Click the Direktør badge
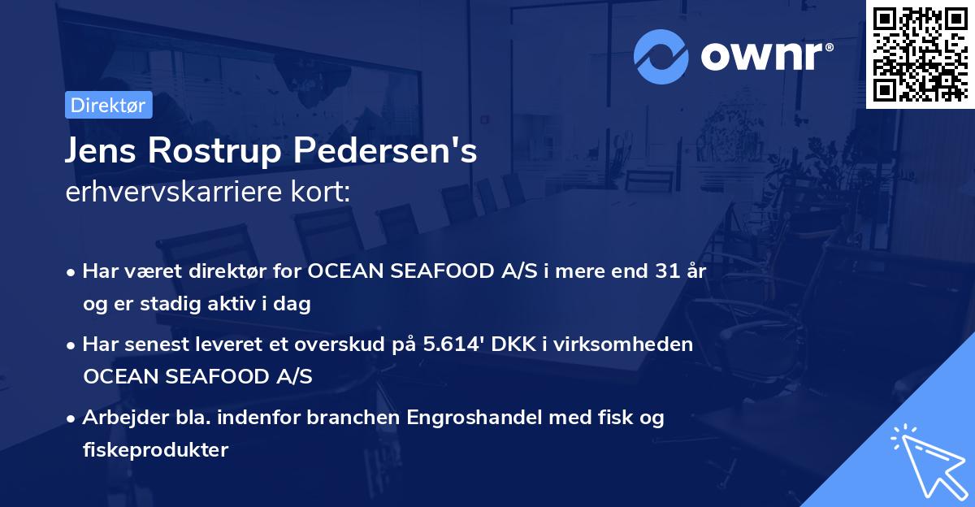pos(107,105)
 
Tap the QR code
pos(920,54)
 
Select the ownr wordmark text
pos(765,55)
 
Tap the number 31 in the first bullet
pos(669,271)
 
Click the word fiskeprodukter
pos(155,449)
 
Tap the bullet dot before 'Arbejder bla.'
pos(73,419)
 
